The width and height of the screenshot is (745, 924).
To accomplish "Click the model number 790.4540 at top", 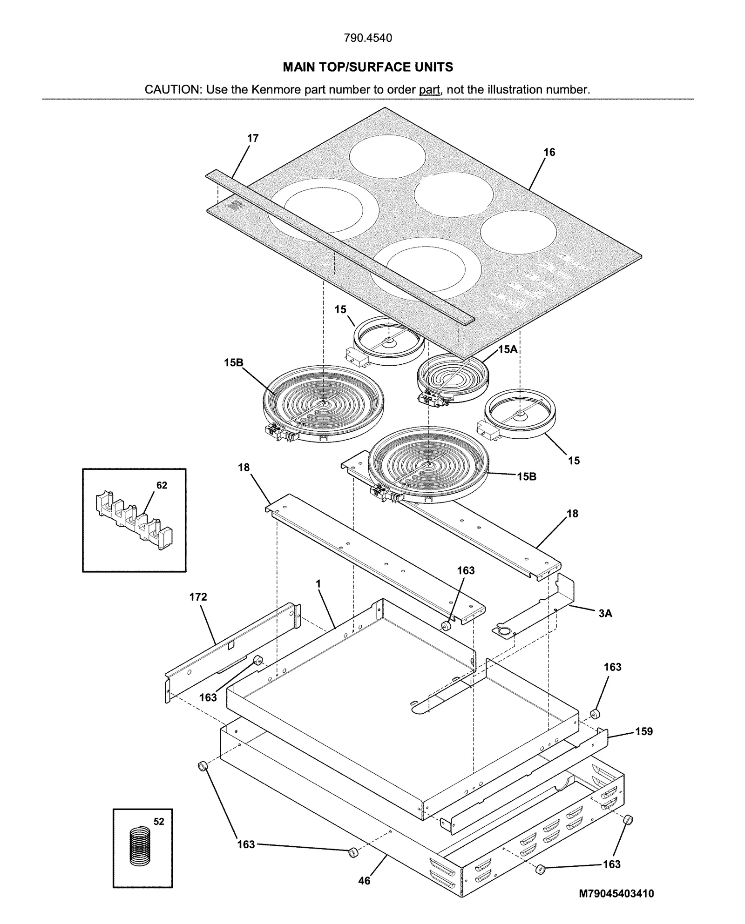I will click(368, 38).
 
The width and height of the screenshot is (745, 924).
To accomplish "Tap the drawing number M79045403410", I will click(616, 894).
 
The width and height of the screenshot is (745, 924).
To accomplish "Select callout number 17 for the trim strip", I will click(253, 138).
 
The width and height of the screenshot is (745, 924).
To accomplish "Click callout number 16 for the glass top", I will click(549, 152).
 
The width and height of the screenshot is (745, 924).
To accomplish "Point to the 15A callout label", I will click(508, 349).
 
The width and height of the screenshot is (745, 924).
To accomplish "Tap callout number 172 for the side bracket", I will click(198, 597).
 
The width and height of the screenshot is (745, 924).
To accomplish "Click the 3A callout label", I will click(605, 614).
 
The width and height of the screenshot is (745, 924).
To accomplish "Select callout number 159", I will click(644, 731).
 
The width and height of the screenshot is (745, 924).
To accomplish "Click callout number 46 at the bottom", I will click(364, 881).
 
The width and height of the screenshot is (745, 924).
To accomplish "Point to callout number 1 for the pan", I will click(318, 583).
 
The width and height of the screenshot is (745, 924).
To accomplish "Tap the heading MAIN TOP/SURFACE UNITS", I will click(368, 67).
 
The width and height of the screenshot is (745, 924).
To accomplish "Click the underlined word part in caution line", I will click(429, 89).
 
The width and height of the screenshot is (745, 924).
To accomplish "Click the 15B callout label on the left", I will click(234, 362).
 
